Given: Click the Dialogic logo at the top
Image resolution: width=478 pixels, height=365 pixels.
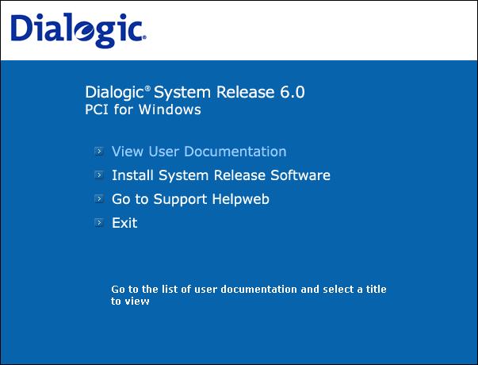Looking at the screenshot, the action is [78, 30].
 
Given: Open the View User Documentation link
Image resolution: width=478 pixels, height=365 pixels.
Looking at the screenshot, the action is [199, 152].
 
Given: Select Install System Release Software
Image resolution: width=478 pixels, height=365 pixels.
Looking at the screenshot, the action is [221, 175].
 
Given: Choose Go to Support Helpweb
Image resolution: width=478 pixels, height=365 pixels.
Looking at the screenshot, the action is [190, 200].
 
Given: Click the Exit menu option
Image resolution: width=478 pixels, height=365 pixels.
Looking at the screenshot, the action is [124, 223].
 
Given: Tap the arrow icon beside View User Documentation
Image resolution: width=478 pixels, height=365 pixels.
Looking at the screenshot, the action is [99, 151].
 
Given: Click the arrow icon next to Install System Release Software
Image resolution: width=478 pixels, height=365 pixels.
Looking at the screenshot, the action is [99, 175].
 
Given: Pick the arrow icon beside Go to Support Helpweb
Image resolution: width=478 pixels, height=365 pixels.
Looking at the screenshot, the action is [99, 198].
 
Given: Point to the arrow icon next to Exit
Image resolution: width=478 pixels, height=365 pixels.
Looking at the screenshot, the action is [99, 222].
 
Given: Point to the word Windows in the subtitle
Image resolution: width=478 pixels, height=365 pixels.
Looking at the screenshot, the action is [170, 109].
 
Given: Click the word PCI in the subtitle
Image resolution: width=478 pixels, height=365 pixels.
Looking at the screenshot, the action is [97, 109].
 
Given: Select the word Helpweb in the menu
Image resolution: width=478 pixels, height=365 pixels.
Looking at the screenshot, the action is [240, 200].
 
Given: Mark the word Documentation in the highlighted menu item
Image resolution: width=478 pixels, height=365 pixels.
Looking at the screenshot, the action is [235, 152].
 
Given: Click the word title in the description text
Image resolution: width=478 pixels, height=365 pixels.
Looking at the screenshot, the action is [377, 289].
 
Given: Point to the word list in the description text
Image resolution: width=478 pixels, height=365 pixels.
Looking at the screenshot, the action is [170, 289].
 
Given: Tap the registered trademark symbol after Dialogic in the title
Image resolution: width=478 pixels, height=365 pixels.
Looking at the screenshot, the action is [147, 89].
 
